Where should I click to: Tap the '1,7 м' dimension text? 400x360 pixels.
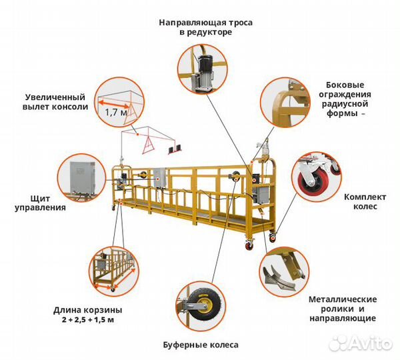[115, 113]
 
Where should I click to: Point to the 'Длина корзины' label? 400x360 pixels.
[88, 310]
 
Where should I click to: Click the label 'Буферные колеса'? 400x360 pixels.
[200, 345]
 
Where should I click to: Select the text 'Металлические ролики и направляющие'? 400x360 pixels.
[343, 309]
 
